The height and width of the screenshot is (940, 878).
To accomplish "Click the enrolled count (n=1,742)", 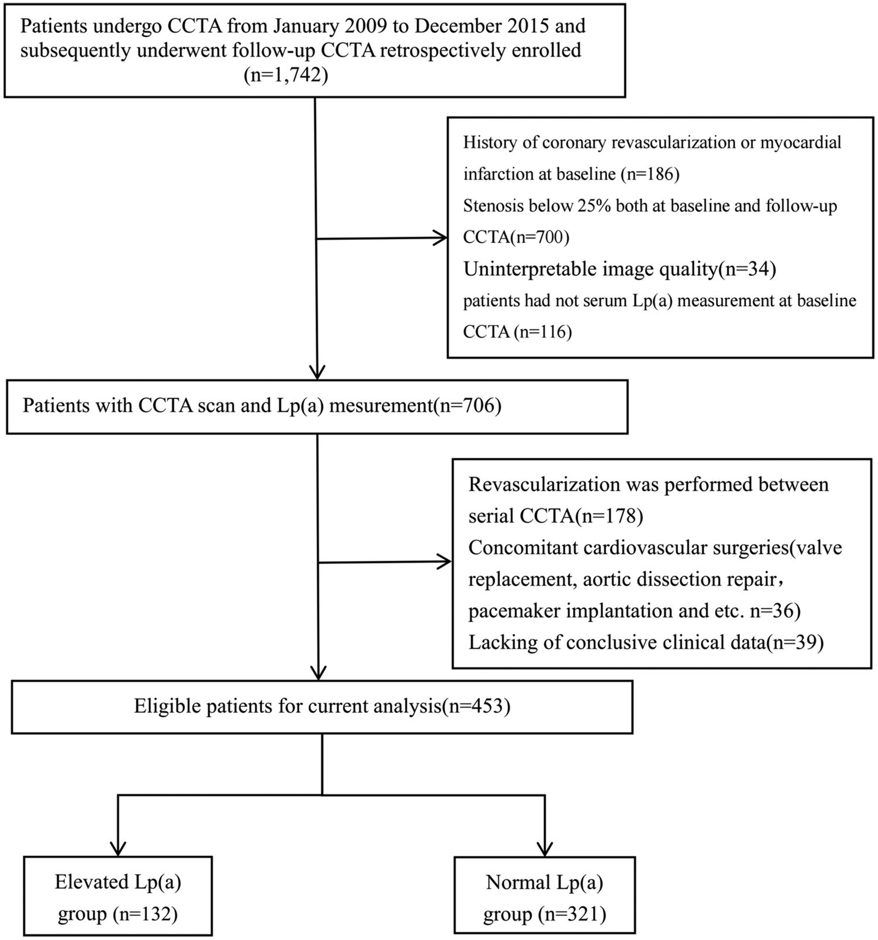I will tap(286, 76).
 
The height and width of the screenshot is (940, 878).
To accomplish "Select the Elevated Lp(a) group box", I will tap(118, 896).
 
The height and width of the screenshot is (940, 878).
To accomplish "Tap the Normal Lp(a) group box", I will tap(544, 896).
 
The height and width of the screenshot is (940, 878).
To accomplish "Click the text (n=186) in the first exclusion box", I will tap(650, 174).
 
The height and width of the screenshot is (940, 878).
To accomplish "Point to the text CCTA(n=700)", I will tap(516, 237).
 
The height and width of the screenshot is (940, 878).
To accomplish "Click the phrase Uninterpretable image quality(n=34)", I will tap(620, 269).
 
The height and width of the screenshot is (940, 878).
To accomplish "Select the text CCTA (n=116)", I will tap(517, 332).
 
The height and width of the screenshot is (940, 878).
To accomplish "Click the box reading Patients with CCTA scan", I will tap(316, 406).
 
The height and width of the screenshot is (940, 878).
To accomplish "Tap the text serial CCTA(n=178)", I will tap(555, 516).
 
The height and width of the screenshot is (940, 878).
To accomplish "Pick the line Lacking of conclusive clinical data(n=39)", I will tap(646, 643).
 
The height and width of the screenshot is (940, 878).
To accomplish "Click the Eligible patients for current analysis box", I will tap(322, 706).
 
